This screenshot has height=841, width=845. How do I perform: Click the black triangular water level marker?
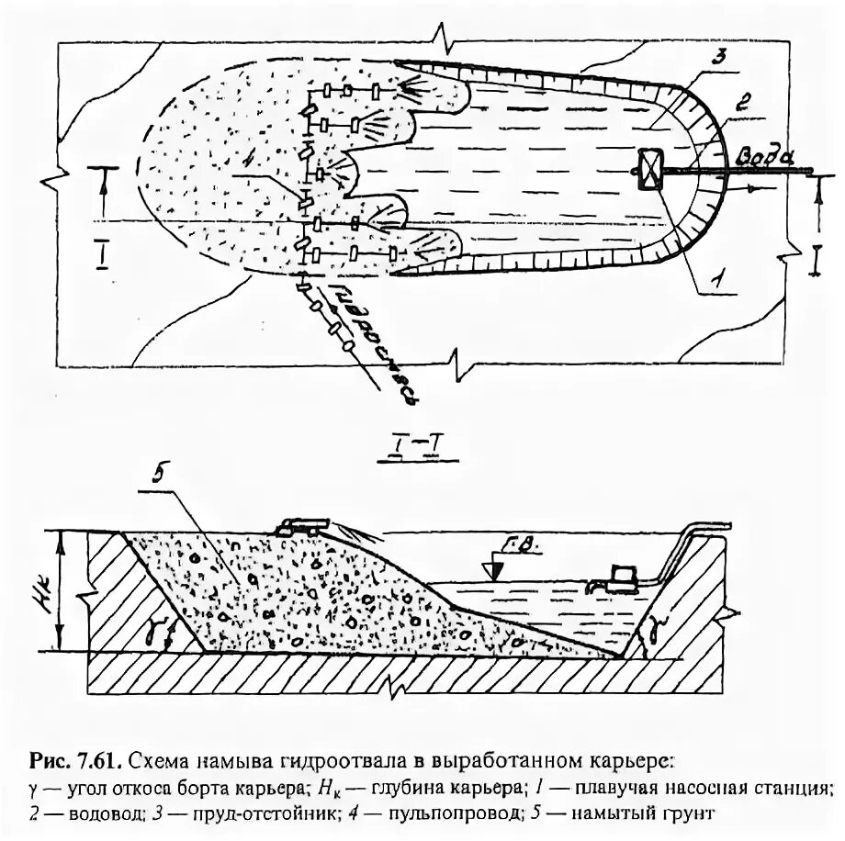(x=495, y=570)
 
